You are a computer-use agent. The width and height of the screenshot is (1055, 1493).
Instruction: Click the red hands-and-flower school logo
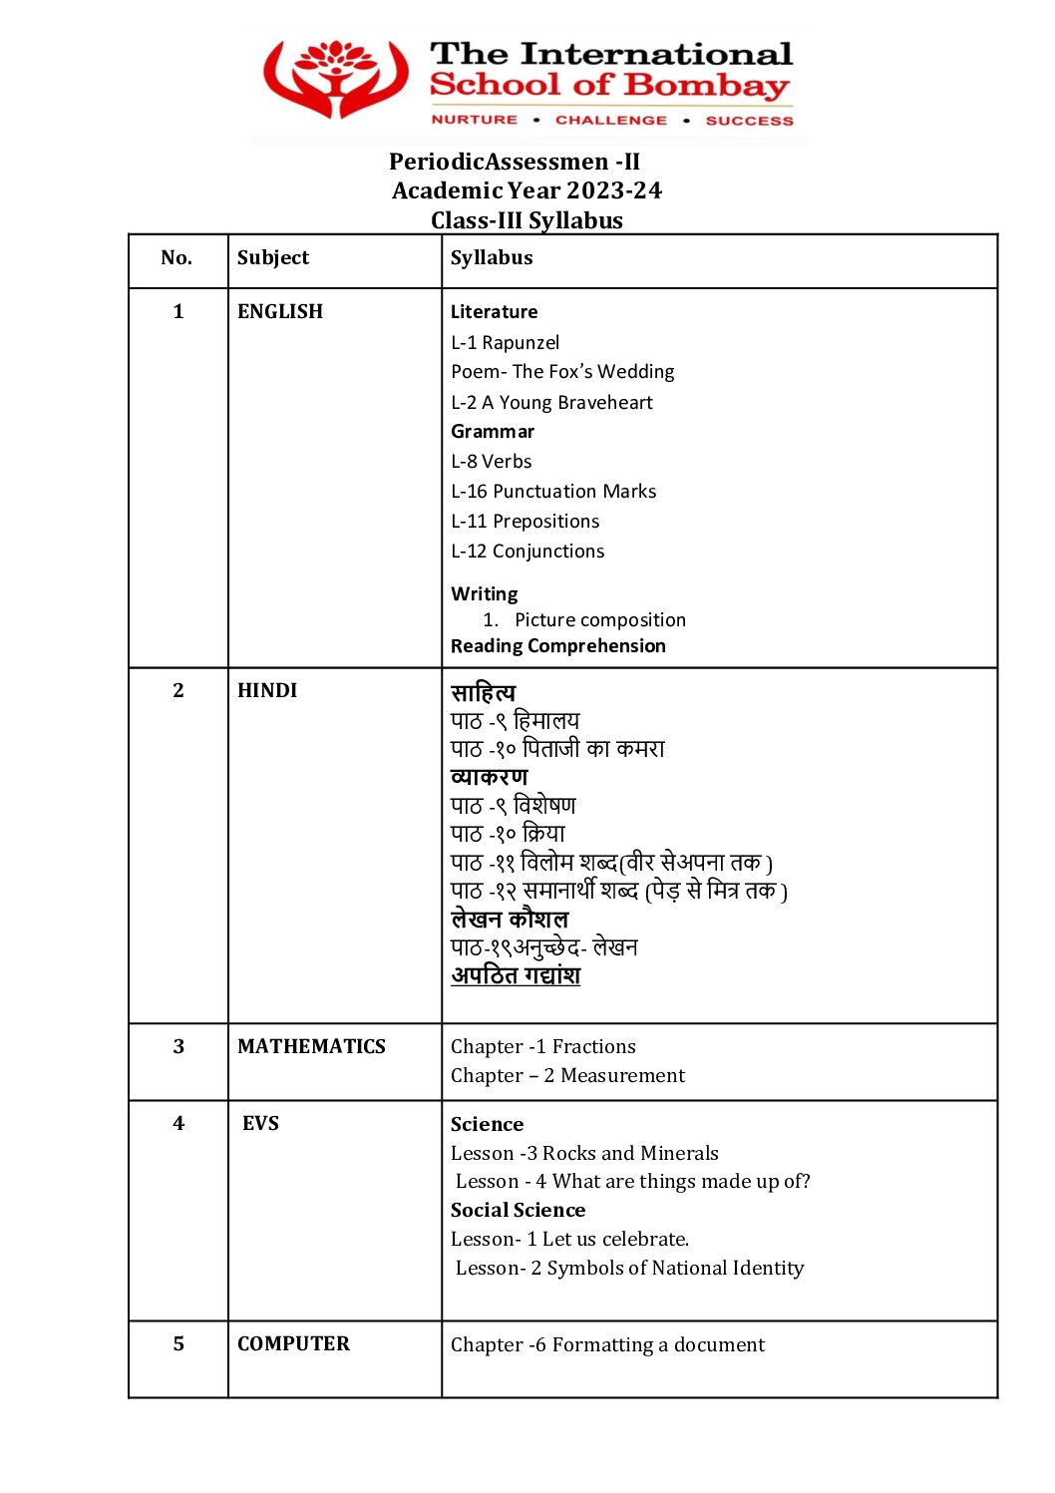[x=336, y=80]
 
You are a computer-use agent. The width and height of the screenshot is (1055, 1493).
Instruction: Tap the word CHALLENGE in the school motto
[x=610, y=120]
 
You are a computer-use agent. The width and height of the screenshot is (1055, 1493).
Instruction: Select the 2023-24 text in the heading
[x=613, y=190]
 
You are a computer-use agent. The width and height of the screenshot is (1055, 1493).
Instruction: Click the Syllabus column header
[x=491, y=258]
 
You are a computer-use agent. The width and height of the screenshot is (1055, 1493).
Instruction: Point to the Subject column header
[x=272, y=258]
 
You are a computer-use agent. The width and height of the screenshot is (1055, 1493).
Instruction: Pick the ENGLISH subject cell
[x=279, y=312]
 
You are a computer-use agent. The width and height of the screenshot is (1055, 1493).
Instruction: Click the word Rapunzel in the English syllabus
[x=521, y=343]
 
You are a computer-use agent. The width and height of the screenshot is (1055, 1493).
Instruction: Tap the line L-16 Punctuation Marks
[x=552, y=492]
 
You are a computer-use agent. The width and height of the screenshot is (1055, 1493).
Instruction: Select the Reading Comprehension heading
[x=557, y=646]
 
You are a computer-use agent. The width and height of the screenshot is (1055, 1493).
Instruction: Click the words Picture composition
[x=599, y=620]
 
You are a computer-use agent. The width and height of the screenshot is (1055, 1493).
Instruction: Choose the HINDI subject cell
[x=266, y=691]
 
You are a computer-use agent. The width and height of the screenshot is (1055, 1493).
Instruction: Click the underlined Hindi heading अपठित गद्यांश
[x=515, y=975]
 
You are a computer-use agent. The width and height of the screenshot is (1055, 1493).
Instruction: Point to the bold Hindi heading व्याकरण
[x=489, y=777]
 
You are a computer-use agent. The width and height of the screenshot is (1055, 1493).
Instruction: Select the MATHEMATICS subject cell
[x=311, y=1047]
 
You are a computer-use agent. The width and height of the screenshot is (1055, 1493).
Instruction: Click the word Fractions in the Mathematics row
[x=593, y=1047]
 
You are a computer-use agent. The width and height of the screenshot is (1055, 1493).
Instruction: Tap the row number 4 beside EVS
[x=178, y=1124]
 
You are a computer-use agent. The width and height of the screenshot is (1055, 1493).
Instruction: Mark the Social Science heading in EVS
[x=518, y=1211]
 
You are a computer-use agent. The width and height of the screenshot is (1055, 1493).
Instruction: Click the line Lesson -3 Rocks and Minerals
[x=583, y=1154]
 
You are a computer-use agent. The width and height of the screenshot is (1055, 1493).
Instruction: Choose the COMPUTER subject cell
[x=293, y=1344]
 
